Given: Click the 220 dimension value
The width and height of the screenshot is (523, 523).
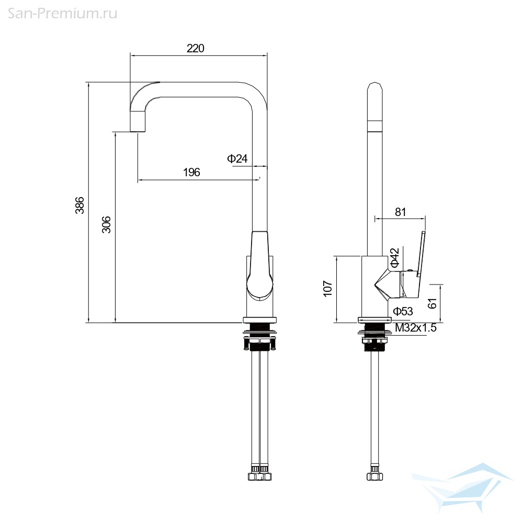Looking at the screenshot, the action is pos(196,48).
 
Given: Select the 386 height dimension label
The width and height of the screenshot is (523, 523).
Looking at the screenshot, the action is pos(79,205).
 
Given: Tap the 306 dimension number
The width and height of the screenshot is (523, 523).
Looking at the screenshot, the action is pos(106,224).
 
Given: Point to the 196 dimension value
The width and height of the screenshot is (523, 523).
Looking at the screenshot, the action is pos(191,172).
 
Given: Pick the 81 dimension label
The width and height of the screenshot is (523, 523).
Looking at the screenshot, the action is pos(400,212).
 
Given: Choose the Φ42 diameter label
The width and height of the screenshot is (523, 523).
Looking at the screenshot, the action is pos(394,257).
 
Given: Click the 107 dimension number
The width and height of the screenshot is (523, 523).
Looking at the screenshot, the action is pos(328,288).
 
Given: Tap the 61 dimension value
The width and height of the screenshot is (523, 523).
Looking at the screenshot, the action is pos(432,303).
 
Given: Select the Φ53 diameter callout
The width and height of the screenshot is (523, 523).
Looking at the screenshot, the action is pos(403,311).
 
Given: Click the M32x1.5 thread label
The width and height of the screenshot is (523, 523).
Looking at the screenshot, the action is pos(416,328).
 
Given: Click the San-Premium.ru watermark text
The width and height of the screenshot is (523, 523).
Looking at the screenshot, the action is pos(62,14).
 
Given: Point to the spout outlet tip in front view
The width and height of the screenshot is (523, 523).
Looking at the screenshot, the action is pos(138,131).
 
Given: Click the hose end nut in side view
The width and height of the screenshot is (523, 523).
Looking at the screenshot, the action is pos(374,476).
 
